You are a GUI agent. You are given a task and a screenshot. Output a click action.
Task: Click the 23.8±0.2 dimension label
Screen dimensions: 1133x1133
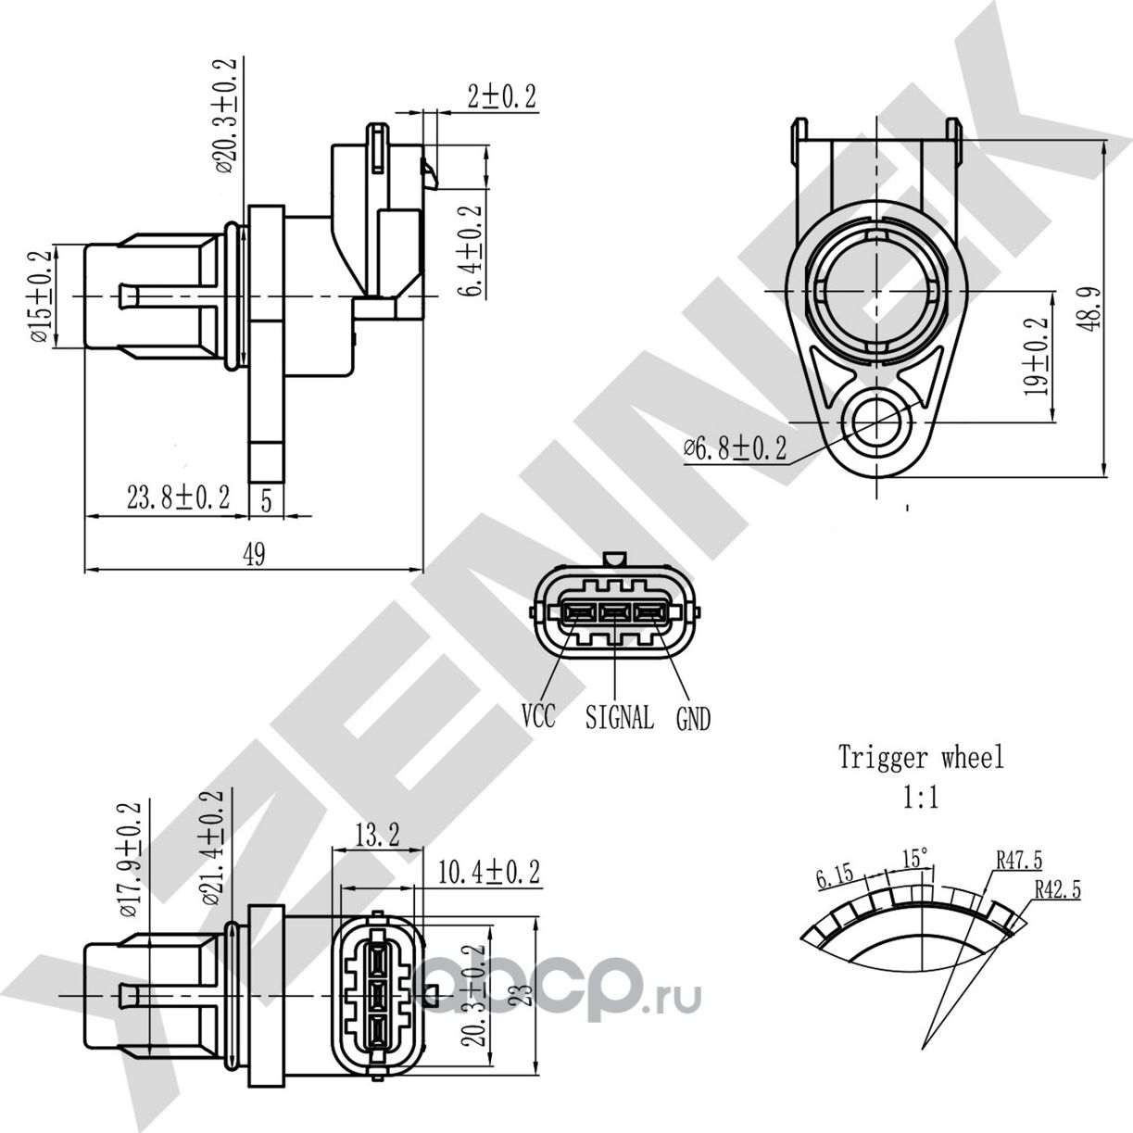click(178, 498)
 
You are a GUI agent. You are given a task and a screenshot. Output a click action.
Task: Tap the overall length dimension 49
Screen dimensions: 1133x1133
click(254, 555)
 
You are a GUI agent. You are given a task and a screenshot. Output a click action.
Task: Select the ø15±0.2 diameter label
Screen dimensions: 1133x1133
click(41, 296)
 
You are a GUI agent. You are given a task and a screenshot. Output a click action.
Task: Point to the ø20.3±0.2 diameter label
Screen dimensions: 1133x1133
click(225, 116)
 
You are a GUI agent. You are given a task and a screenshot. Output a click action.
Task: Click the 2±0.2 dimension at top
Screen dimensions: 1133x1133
click(501, 97)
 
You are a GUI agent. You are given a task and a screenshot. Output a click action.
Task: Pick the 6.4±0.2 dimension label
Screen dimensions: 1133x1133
click(473, 251)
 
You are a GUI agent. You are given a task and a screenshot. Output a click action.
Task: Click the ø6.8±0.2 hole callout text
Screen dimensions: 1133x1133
click(736, 449)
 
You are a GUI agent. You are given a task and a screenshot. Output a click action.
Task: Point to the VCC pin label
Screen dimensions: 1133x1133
click(538, 716)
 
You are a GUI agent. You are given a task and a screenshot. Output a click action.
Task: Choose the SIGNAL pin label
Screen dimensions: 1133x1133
click(619, 717)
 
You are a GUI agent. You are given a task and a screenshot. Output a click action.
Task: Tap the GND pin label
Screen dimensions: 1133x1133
click(693, 718)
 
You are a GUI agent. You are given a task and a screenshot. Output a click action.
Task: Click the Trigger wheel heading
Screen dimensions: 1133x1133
click(921, 758)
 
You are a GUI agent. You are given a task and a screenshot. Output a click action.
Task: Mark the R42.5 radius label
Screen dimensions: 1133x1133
click(1057, 889)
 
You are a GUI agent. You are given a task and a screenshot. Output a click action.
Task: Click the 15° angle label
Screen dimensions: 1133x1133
click(915, 858)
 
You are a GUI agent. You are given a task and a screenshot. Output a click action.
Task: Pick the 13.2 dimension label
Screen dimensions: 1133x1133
click(376, 836)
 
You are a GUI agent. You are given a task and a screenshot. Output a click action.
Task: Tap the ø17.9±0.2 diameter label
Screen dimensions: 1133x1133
click(131, 859)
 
